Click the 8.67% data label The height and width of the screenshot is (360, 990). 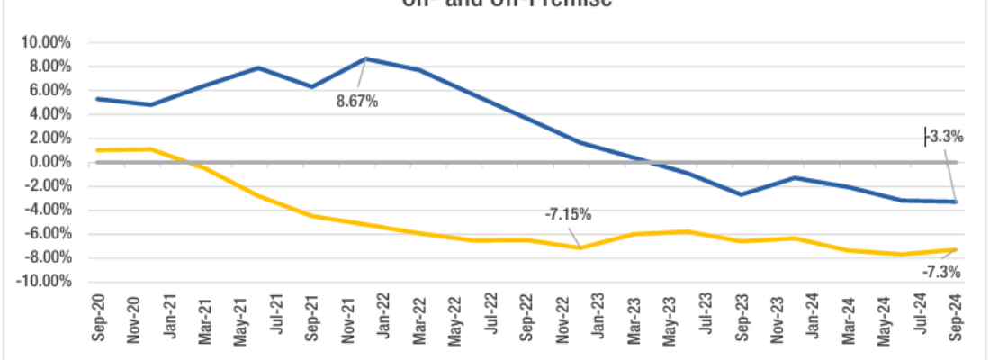coord(357,102)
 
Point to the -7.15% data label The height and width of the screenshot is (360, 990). coord(568,214)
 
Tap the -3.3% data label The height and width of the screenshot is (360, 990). coord(945,138)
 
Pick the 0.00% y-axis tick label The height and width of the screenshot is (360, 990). coord(50,163)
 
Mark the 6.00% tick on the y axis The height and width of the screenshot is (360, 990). coord(50,91)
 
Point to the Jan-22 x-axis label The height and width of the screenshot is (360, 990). coord(383,319)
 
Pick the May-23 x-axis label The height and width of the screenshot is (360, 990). coord(670,319)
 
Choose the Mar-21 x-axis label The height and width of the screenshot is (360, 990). coord(204,319)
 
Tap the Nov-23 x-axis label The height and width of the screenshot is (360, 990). coord(777,319)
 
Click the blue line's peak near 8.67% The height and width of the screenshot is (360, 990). coord(365,58)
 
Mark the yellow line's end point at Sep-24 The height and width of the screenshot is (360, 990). coord(955,249)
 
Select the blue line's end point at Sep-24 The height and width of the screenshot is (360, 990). coord(955,202)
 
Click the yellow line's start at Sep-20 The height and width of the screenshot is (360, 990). coord(96,150)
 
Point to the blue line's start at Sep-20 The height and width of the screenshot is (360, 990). coord(96,99)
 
